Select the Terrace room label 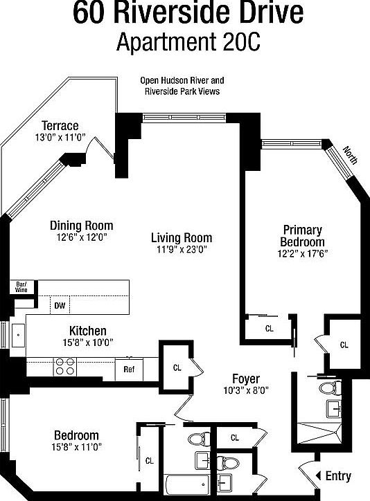tap(60, 125)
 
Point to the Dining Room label tap(81, 226)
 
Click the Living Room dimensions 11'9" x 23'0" tap(182, 250)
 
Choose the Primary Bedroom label tap(302, 236)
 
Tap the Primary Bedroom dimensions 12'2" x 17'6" tap(302, 253)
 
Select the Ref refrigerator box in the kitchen tap(129, 369)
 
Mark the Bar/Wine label tap(21, 287)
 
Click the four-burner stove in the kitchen tap(64, 366)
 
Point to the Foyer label tap(245, 379)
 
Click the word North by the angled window tap(351, 154)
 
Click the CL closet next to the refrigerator tap(177, 367)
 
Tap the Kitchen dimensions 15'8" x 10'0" tap(87, 342)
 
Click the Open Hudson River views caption tap(182, 86)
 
